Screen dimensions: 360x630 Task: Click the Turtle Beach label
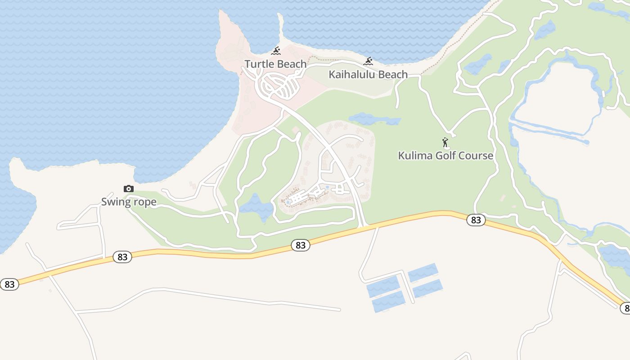point(275,64)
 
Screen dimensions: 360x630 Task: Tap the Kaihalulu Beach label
point(368,75)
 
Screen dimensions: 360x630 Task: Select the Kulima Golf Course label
point(445,156)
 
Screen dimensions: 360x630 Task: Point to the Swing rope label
point(129,202)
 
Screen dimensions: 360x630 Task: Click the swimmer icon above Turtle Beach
point(276,51)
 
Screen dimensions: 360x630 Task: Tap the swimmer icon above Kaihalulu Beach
point(368,61)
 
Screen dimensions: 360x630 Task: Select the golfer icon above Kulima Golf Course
point(445,143)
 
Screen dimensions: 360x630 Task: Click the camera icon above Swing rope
point(129,189)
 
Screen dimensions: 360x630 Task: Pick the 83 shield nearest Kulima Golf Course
point(476,220)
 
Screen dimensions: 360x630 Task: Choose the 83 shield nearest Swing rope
point(122,257)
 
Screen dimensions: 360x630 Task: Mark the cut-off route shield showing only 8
point(625,308)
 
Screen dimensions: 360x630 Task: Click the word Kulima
point(412,156)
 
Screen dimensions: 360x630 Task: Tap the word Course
point(477,156)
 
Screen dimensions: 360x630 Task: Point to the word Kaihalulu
point(349,75)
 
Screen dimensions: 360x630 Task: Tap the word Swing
point(115,202)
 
